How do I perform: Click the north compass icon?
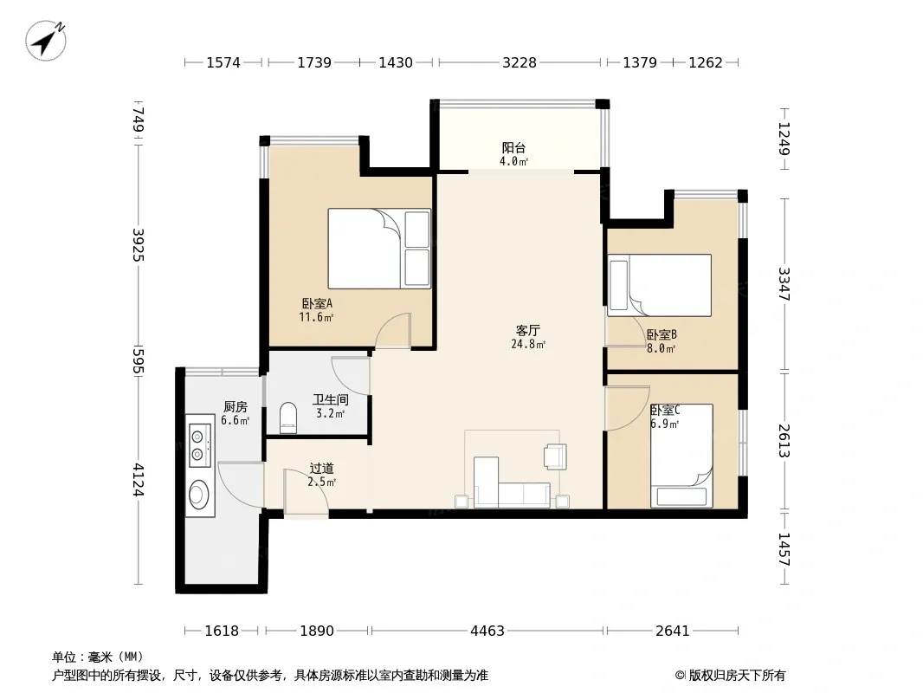point(46,40)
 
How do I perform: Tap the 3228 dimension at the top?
point(520,62)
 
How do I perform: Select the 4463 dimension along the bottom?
point(487,631)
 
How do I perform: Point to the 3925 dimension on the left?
point(138,244)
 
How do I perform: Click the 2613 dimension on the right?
point(784,440)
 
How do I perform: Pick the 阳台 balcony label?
point(514,147)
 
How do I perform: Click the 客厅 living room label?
point(528,330)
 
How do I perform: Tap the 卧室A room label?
point(317,304)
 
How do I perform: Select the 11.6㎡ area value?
point(317,317)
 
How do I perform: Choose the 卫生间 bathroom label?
point(330,400)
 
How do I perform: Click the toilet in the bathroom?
point(287,418)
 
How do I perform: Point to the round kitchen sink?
point(199,495)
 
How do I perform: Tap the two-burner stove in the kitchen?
point(199,445)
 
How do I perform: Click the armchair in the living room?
point(556,457)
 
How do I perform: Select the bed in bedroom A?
point(379,249)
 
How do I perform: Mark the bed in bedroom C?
point(681,455)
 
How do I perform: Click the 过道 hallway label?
point(322,468)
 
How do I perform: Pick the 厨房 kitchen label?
point(236,406)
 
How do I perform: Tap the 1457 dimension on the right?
point(784,549)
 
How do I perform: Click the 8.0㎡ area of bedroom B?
point(661,348)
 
